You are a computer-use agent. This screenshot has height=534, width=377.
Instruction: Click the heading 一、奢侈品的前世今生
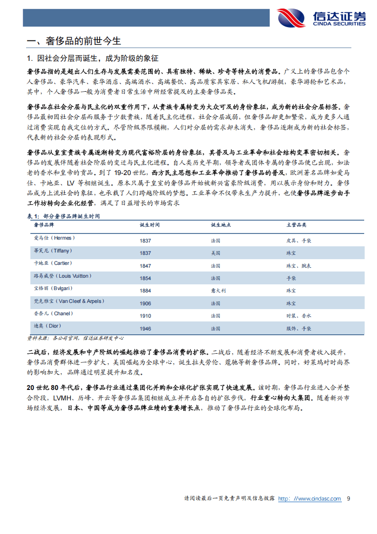tap(75, 41)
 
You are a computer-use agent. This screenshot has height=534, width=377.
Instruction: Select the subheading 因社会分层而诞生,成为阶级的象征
tap(93, 58)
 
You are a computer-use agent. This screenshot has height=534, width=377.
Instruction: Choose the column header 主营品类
tap(296, 224)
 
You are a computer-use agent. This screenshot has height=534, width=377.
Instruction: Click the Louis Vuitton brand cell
tap(62, 276)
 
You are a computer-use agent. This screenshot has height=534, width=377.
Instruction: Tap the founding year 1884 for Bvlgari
tap(145, 291)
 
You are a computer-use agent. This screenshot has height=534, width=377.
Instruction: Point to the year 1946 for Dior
tap(145, 329)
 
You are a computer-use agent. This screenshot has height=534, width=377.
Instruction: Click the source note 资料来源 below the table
tap(75, 338)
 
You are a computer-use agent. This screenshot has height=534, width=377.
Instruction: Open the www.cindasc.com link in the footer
tap(309, 498)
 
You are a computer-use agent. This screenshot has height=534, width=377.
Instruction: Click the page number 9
tap(349, 498)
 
